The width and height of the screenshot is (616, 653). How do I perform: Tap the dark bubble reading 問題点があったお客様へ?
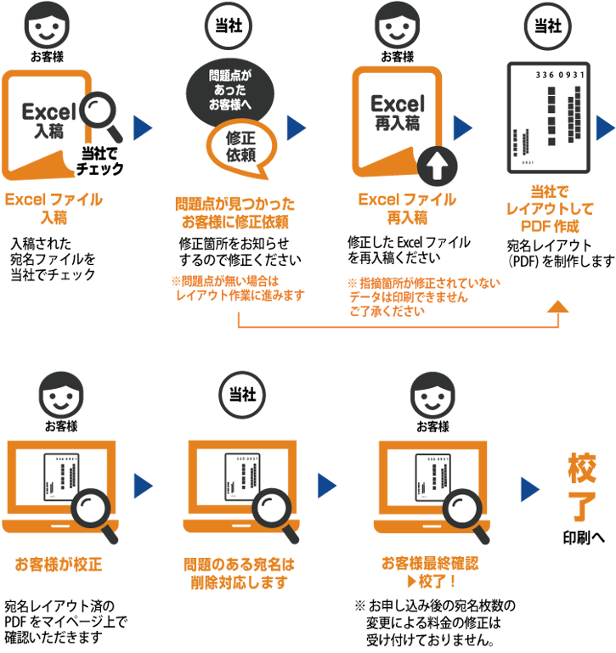[230, 91]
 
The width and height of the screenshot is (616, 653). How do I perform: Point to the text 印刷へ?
[585, 538]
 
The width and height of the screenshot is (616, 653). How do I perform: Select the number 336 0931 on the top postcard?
[561, 76]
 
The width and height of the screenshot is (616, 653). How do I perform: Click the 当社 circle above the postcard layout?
[548, 26]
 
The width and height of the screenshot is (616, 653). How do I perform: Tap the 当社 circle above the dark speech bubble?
[229, 26]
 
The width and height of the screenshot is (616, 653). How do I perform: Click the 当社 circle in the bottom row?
[241, 392]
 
